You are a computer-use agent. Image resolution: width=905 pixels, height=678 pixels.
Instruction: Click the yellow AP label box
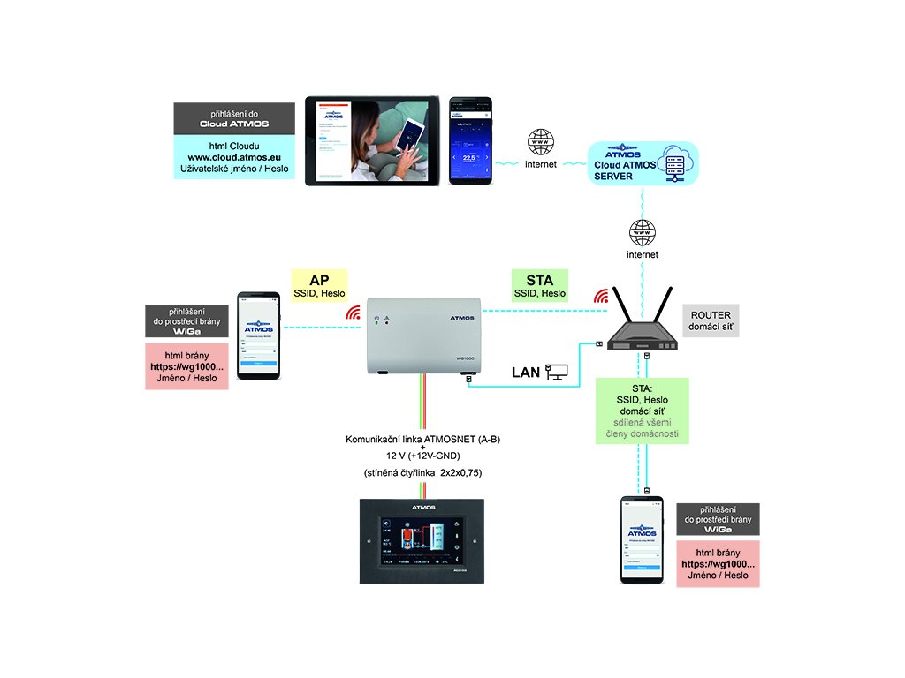pyautogui.click(x=319, y=283)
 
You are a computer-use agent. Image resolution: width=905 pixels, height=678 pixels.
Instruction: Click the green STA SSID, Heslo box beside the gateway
pyautogui.click(x=540, y=283)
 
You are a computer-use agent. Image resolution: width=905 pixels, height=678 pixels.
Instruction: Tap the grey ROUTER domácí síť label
pyautogui.click(x=711, y=321)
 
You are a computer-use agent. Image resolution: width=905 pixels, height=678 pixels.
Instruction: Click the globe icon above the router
pyautogui.click(x=643, y=232)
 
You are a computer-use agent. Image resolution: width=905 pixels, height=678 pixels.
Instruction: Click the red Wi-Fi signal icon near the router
pyautogui.click(x=602, y=295)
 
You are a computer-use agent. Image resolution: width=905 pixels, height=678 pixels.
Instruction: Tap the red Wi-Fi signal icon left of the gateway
pyautogui.click(x=354, y=312)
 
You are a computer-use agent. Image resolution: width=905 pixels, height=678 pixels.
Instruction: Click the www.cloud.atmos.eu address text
pyautogui.click(x=234, y=156)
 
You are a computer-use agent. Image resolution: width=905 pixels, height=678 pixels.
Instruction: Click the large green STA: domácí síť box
pyautogui.click(x=642, y=411)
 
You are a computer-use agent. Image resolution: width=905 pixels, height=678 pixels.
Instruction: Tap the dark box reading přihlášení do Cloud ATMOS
pyautogui.click(x=233, y=118)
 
